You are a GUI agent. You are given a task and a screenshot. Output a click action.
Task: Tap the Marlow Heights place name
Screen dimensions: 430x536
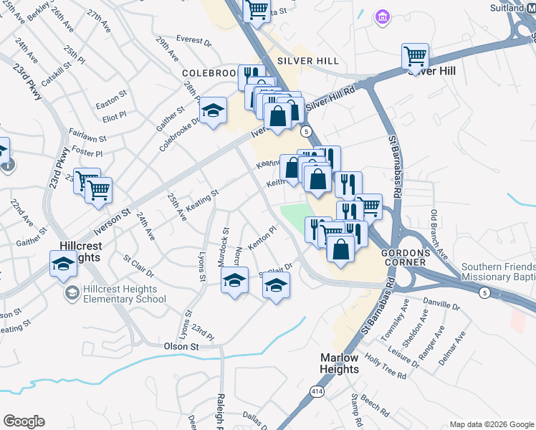[339, 363]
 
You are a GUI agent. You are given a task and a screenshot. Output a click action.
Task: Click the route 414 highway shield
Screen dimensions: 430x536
[317, 391]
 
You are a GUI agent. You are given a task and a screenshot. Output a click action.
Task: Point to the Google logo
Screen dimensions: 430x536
[24, 421]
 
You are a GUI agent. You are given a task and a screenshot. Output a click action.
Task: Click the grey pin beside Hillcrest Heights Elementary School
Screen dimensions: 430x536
[72, 292]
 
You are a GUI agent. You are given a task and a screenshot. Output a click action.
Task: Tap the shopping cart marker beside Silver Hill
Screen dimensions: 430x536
[415, 55]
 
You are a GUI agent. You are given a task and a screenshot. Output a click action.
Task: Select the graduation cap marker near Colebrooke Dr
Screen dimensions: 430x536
[212, 110]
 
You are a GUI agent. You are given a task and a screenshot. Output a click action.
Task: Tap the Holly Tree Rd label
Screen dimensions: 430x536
[385, 364]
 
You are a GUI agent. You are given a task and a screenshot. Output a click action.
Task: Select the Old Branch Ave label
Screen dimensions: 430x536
[438, 236]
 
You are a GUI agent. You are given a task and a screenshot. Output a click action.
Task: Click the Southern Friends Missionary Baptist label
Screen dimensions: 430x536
[499, 272]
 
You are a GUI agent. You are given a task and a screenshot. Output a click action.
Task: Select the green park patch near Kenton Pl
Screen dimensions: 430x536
[295, 216]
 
